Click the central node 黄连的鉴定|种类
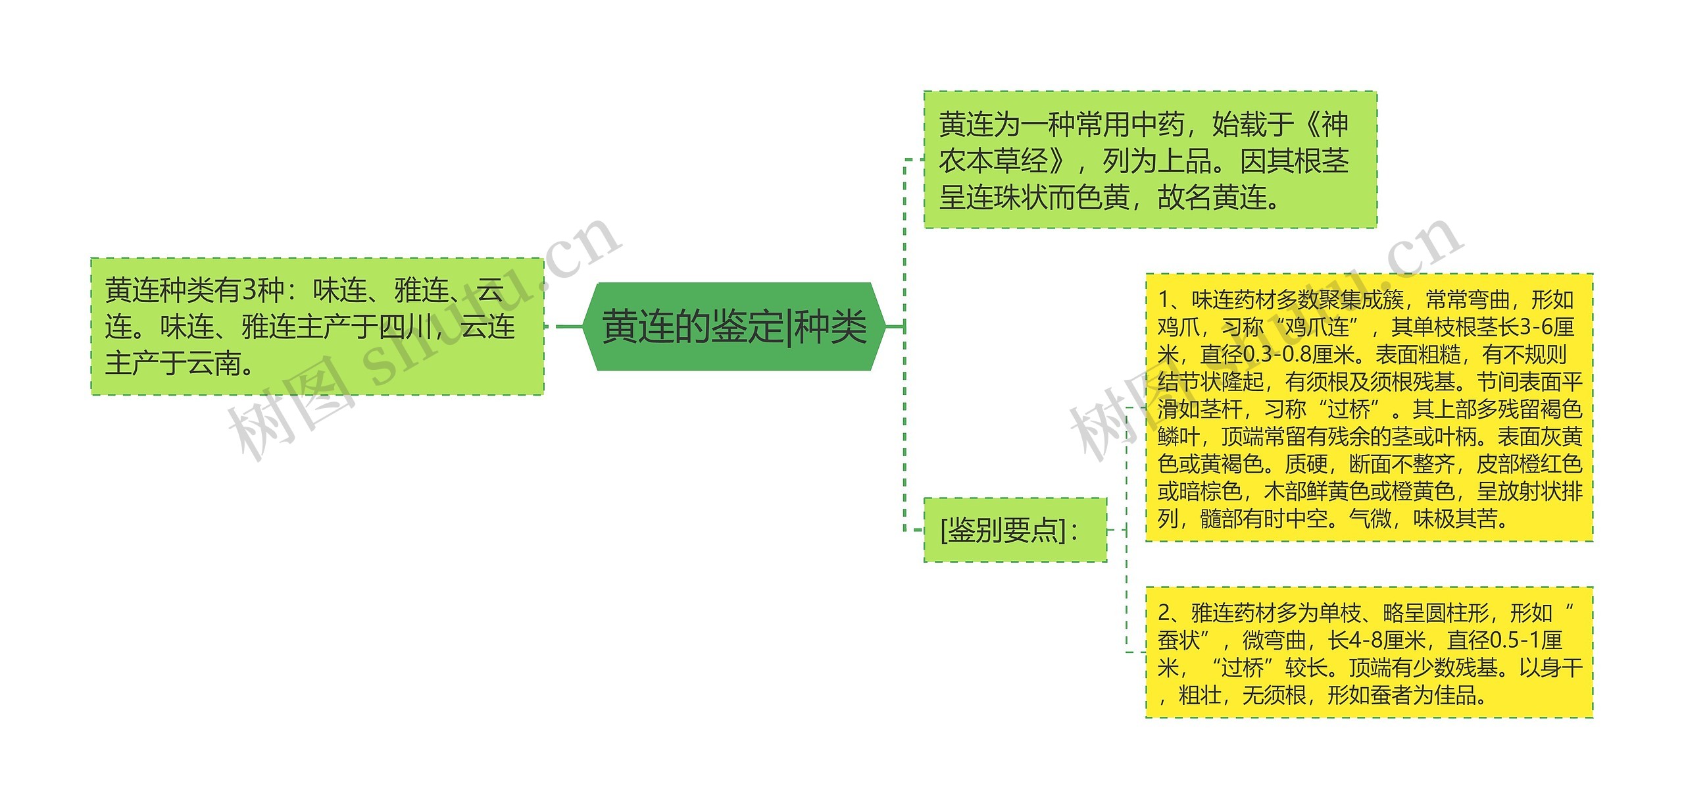pyautogui.click(x=733, y=326)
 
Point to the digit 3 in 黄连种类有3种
pyautogui.click(x=249, y=290)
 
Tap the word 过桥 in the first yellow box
pyautogui.click(x=1349, y=409)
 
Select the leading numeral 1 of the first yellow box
pyautogui.click(x=1163, y=300)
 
